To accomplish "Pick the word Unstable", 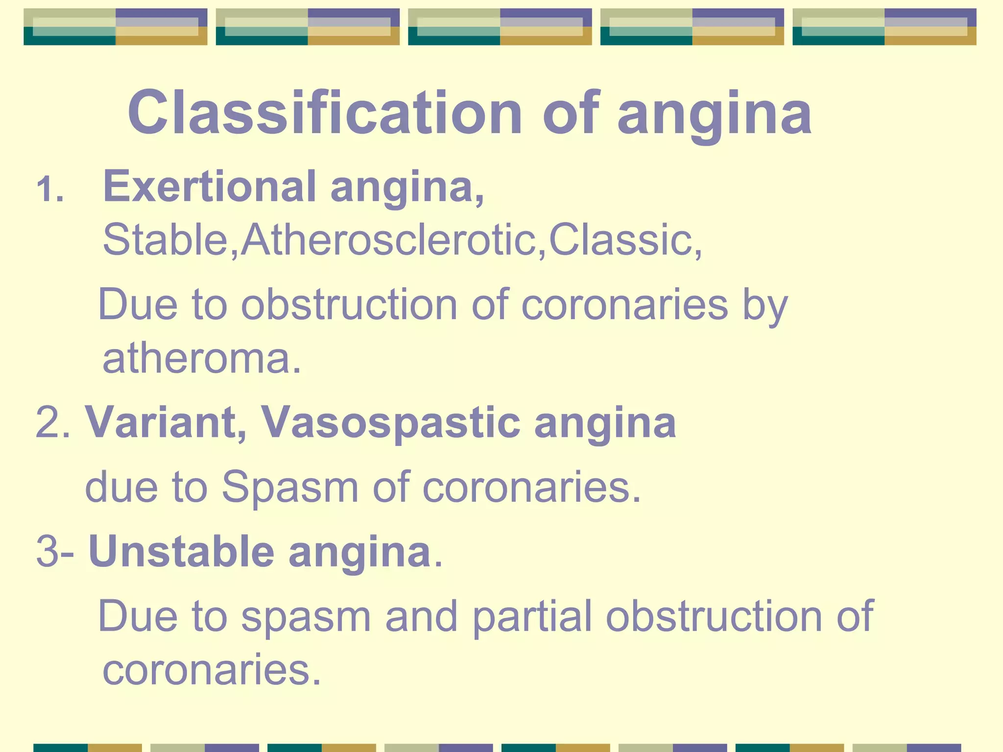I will coord(181,552).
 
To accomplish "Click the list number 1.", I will coord(49,190).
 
